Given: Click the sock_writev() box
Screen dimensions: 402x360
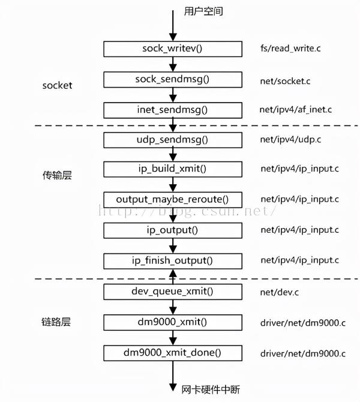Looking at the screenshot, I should (173, 48).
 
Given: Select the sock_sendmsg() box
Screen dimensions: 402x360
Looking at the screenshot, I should (173, 79).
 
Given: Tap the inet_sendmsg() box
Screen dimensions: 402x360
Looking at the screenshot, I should (173, 109).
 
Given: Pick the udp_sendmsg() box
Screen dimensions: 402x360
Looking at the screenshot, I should (173, 140).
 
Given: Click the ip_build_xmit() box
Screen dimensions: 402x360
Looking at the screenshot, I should (173, 169).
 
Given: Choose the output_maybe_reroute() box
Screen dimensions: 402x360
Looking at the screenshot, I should (173, 199).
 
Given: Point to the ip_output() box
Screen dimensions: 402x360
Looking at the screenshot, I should (173, 230).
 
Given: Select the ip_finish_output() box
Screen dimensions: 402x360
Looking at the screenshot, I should (173, 260).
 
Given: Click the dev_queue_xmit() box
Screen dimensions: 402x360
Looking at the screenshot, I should (173, 292).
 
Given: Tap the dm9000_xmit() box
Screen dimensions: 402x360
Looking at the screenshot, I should (173, 322).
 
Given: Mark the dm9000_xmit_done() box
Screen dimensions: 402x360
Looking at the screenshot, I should (173, 353).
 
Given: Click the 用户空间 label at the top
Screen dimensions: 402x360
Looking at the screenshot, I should (203, 11).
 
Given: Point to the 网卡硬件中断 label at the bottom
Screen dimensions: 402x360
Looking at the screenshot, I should (210, 390).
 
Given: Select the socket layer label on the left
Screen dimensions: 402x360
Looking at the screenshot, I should (57, 85).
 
